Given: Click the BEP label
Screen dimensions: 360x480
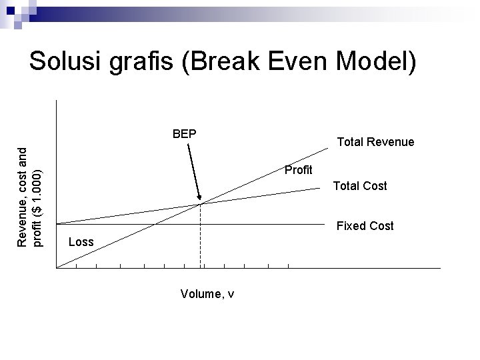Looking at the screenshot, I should [x=184, y=133].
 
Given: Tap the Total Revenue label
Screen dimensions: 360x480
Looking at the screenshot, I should [x=375, y=142].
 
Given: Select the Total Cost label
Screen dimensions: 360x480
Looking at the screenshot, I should [x=360, y=186].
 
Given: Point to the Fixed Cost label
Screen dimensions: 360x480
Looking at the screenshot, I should [x=365, y=226].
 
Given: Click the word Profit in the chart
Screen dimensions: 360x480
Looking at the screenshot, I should [x=298, y=170].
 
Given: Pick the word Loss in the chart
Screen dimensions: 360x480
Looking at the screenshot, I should [x=81, y=241].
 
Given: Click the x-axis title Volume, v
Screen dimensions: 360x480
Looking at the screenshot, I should [x=207, y=294].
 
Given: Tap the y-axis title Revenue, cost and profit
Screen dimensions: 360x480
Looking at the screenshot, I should [x=30, y=197].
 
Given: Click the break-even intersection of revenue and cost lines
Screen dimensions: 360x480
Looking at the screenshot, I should [x=201, y=203].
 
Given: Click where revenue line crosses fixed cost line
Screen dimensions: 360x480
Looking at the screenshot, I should [x=155, y=223].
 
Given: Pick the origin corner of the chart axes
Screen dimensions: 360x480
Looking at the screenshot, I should [x=57, y=268].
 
